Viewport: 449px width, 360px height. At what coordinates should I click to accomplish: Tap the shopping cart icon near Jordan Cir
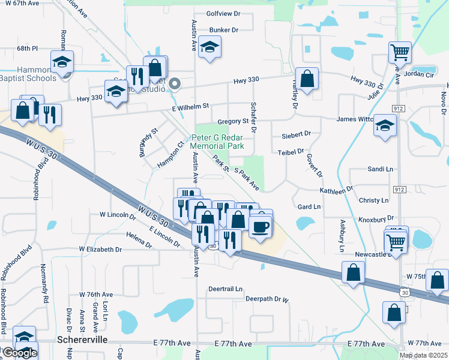(399, 52)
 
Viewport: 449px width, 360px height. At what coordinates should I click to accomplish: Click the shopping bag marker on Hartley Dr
(307, 78)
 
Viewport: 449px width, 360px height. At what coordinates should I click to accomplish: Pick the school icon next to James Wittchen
(385, 125)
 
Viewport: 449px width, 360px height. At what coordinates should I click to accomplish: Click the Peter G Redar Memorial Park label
(217, 142)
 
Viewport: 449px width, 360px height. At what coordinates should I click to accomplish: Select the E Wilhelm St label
(190, 106)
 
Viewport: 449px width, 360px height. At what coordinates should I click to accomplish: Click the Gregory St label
(233, 121)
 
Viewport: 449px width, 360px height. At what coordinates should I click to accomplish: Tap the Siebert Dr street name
(295, 134)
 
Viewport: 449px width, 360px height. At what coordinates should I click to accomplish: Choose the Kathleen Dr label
(336, 190)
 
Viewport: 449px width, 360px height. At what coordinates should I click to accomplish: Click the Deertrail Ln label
(225, 289)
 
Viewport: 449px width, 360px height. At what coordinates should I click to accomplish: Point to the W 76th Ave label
(96, 295)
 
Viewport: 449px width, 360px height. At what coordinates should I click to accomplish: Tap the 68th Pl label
(28, 48)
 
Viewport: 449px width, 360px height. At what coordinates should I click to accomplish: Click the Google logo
(19, 353)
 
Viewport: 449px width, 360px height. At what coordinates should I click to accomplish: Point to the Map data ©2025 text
(423, 355)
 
